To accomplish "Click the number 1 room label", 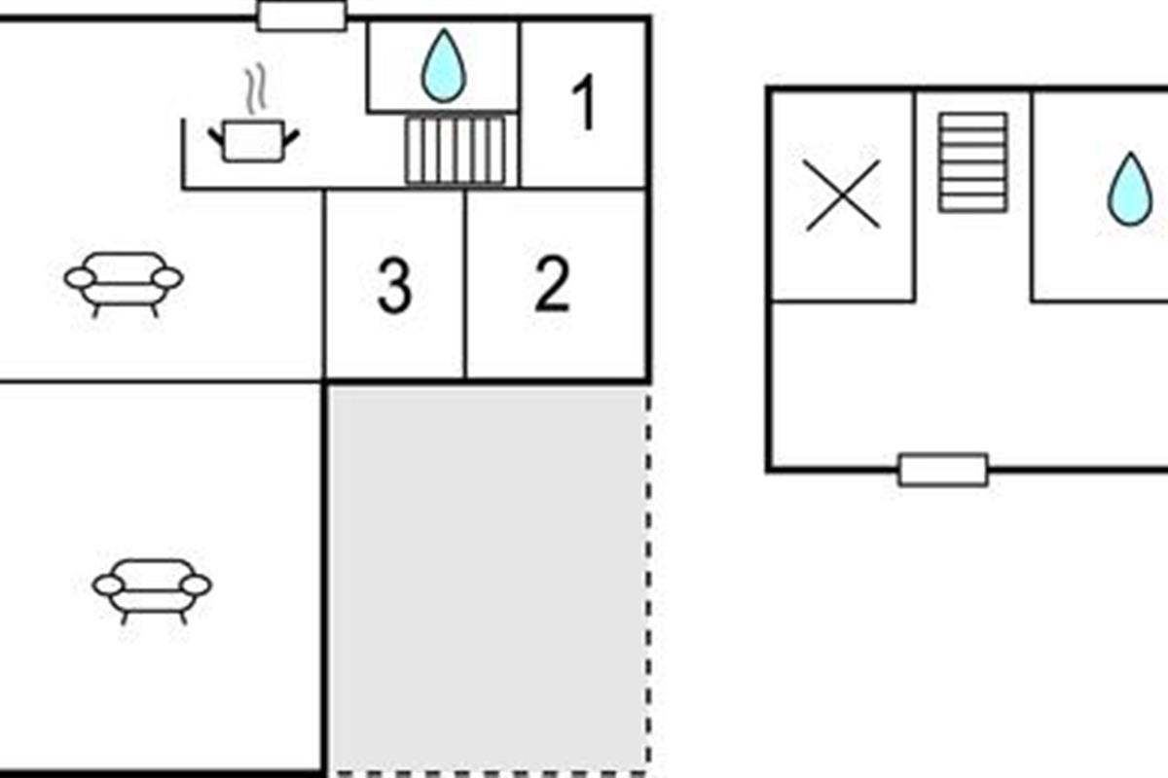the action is (585, 102).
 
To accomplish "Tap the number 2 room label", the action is (552, 283).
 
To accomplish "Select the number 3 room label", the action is (394, 286).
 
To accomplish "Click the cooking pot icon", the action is (253, 141).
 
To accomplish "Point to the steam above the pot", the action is (256, 88).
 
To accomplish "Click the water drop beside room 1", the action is (443, 66).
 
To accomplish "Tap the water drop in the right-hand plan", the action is (1130, 190).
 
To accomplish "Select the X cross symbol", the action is (843, 194).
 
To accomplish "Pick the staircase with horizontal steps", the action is (973, 162).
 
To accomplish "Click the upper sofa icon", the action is (124, 284).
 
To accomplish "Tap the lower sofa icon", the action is (152, 591).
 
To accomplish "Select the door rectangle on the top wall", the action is (302, 17).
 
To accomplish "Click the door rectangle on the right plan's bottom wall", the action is (943, 470).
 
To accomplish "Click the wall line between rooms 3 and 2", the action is (465, 284).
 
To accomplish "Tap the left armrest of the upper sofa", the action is (80, 278).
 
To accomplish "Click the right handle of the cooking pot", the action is (291, 138).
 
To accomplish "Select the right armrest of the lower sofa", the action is (197, 585).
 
